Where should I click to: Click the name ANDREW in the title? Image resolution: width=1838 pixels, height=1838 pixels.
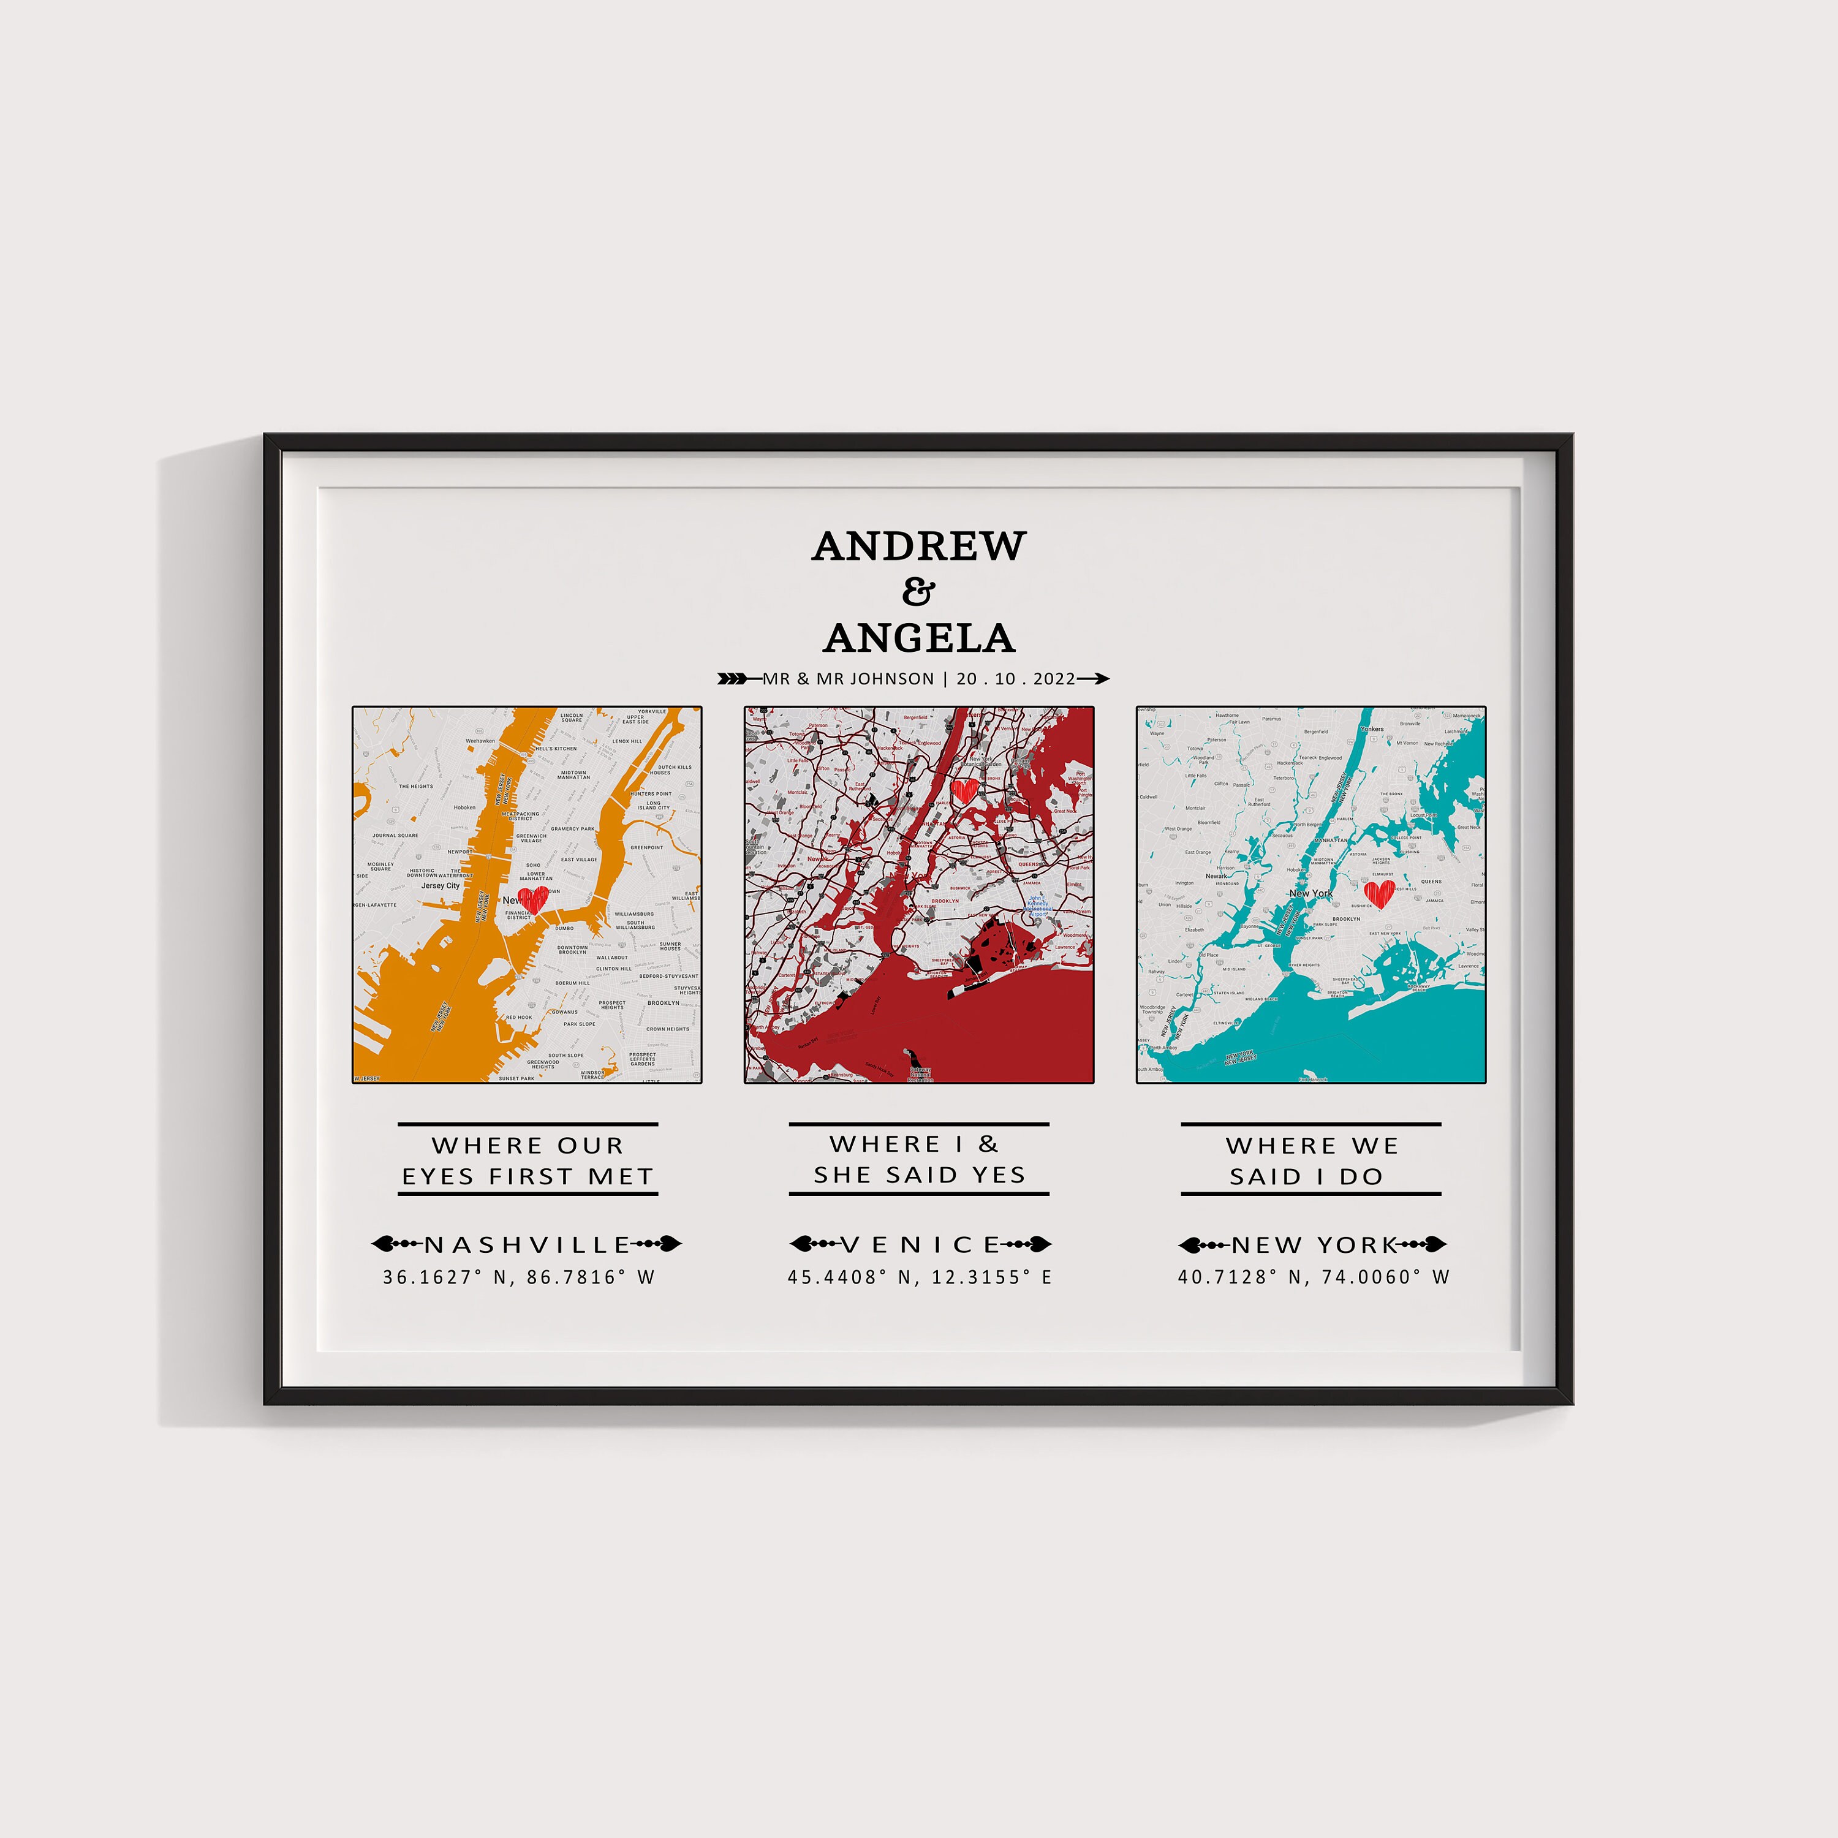pos(919,546)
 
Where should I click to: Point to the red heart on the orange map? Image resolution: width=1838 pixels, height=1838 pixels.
pos(534,899)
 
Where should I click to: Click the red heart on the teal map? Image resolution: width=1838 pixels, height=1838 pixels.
pos(1378,893)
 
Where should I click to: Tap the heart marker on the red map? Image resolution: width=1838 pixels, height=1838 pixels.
pos(964,790)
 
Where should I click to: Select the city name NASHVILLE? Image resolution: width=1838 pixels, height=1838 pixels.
pos(527,1244)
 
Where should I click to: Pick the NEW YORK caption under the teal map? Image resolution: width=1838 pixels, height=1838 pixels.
pos(1313,1244)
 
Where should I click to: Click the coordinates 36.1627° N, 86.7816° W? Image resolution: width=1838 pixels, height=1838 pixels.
pos(520,1277)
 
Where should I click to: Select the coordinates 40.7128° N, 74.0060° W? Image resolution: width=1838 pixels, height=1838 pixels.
pos(1313,1277)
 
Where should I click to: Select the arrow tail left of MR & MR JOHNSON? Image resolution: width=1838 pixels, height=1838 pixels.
pos(733,678)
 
